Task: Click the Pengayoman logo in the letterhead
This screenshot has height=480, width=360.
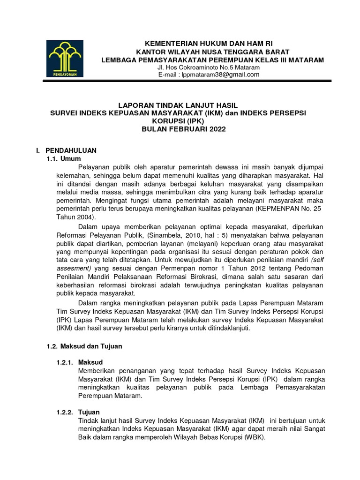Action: [65, 58]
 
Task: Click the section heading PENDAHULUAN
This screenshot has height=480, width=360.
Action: [71, 150]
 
